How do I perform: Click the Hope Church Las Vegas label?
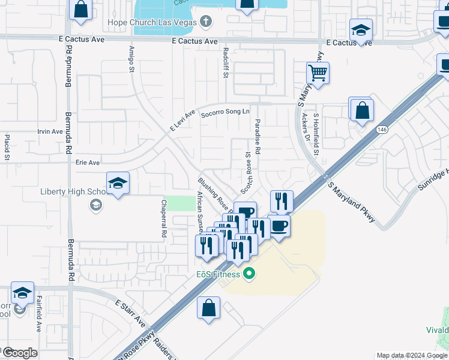153,23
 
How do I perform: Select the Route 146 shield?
382,130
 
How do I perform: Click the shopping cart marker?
318,74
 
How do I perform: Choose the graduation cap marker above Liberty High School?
118,184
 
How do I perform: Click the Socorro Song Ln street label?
224,112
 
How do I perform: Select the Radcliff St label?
225,61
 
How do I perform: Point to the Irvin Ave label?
50,131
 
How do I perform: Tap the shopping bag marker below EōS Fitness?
208,308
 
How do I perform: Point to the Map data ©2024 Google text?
411,355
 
